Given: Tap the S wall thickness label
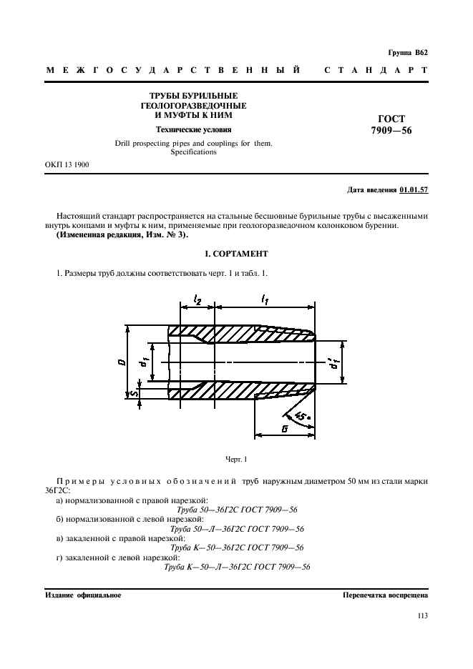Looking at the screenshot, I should [x=122, y=392].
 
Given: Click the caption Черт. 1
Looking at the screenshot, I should [x=235, y=458].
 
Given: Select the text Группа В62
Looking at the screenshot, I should [x=407, y=53].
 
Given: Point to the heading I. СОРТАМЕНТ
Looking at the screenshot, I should [x=236, y=254].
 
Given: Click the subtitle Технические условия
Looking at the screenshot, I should [x=194, y=129].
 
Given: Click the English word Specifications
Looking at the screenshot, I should [x=193, y=152].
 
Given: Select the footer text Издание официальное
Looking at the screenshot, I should [x=83, y=594].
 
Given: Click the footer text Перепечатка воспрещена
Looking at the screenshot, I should [x=385, y=594].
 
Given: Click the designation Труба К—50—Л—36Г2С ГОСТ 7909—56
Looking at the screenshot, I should [x=237, y=566].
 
